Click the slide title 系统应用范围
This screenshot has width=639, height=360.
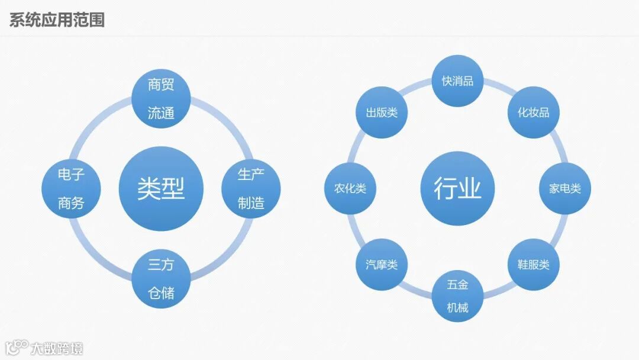57,20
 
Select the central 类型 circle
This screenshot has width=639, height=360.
161,189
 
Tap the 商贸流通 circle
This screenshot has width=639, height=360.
161,99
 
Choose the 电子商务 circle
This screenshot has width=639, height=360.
71,189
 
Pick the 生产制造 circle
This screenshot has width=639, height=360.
251,189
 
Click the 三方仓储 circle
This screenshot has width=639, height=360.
161,279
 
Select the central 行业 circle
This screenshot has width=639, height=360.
457,188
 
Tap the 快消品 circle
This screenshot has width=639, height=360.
457,81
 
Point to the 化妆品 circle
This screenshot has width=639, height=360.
533,112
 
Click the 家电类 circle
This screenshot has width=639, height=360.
564,188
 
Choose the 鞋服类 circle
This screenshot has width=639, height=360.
533,264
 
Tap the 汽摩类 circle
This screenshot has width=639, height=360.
382,264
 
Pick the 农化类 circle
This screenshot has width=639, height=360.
350,188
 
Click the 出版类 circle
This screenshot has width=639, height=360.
382,112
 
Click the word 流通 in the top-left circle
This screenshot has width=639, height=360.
161,113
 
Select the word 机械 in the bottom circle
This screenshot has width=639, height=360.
457,308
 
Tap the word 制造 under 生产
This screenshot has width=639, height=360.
251,204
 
